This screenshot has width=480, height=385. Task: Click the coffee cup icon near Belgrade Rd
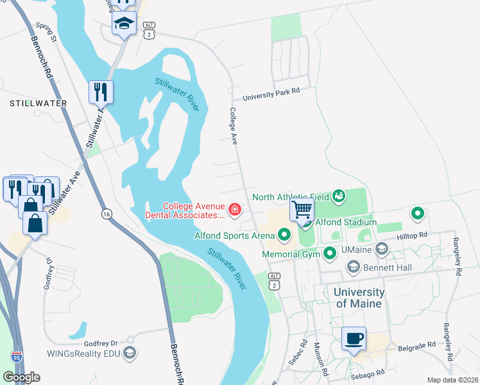pyautogui.click(x=354, y=338)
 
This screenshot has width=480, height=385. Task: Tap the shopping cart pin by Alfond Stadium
pyautogui.click(x=302, y=209)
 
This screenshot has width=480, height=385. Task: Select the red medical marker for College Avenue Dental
pyautogui.click(x=235, y=209)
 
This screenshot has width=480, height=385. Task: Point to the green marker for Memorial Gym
pyautogui.click(x=330, y=255)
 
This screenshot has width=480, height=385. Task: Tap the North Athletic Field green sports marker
pyautogui.click(x=339, y=195)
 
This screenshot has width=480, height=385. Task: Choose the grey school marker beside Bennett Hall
pyautogui.click(x=353, y=266)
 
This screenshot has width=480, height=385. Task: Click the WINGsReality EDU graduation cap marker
pyautogui.click(x=130, y=352)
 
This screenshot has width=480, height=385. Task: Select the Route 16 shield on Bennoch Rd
pyautogui.click(x=104, y=212)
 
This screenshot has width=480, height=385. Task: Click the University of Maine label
pyautogui.click(x=359, y=298)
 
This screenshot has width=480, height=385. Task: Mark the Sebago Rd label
pyautogui.click(x=366, y=372)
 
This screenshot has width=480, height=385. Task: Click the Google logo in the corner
pyautogui.click(x=22, y=377)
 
